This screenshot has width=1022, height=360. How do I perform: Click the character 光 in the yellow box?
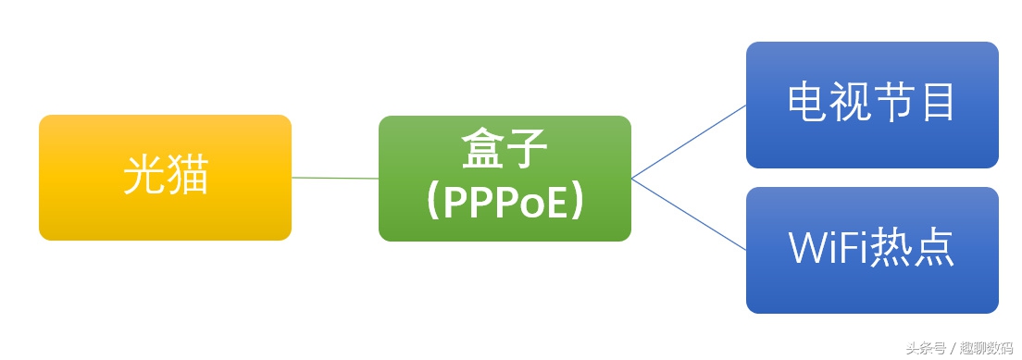click(144, 176)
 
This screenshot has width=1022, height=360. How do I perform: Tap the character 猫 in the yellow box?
click(188, 176)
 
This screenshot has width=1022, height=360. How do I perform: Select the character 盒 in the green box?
click(483, 150)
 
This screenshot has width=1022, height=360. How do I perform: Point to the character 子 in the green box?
click(528, 150)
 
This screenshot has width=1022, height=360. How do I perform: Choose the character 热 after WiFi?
click(891, 248)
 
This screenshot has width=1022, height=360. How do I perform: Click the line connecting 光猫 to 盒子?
click(335, 178)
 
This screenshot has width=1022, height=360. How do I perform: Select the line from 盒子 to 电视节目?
click(689, 141)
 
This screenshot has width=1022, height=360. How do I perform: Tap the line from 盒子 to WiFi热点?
click(689, 214)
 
